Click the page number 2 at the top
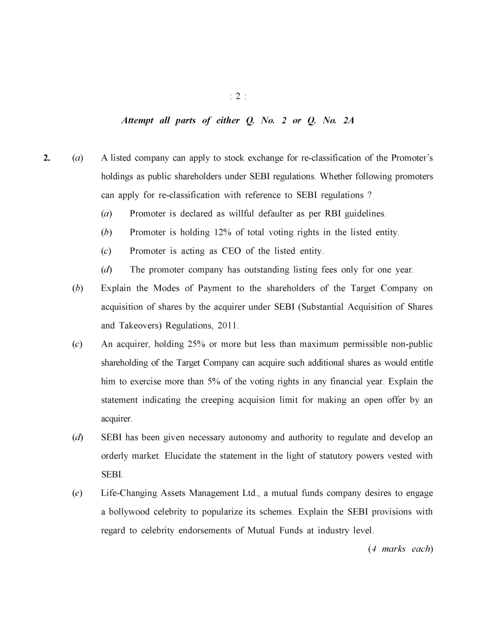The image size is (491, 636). [x=238, y=96]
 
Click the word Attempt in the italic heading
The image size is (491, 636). [x=137, y=120]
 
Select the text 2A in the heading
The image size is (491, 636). [x=349, y=120]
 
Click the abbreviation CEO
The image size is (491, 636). [x=231, y=251]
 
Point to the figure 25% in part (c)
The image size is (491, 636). [x=192, y=344]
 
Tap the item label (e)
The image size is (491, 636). [x=77, y=493]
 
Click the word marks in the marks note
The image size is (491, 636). [x=393, y=549]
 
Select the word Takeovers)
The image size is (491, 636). [x=140, y=326]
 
